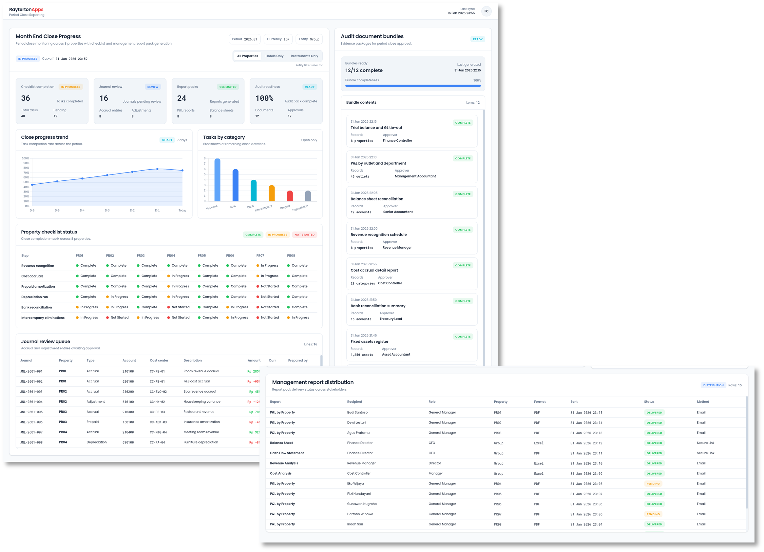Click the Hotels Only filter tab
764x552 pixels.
[x=274, y=56]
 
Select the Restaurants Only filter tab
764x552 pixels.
[x=304, y=56]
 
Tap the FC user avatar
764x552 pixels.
[x=486, y=11]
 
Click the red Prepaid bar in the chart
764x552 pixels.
[x=290, y=196]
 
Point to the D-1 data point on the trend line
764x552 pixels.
[x=157, y=169]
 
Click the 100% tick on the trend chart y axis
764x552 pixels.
[x=26, y=158]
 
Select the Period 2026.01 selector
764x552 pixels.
[x=244, y=39]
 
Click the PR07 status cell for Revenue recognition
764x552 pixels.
[x=267, y=266]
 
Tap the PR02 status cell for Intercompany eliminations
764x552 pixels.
[x=117, y=317]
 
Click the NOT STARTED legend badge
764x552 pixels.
[x=304, y=235]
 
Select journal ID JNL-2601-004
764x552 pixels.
[x=31, y=402]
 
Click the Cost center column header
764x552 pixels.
[x=159, y=360]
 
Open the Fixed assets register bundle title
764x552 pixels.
[x=369, y=341]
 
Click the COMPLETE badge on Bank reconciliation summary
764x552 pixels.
[x=463, y=301]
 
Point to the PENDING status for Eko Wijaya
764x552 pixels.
[x=653, y=483]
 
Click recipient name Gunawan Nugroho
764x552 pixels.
[x=362, y=504]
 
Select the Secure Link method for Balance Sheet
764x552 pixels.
[x=705, y=443]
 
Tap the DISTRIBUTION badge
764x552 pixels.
[x=713, y=385]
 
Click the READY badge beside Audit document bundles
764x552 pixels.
[x=477, y=39]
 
